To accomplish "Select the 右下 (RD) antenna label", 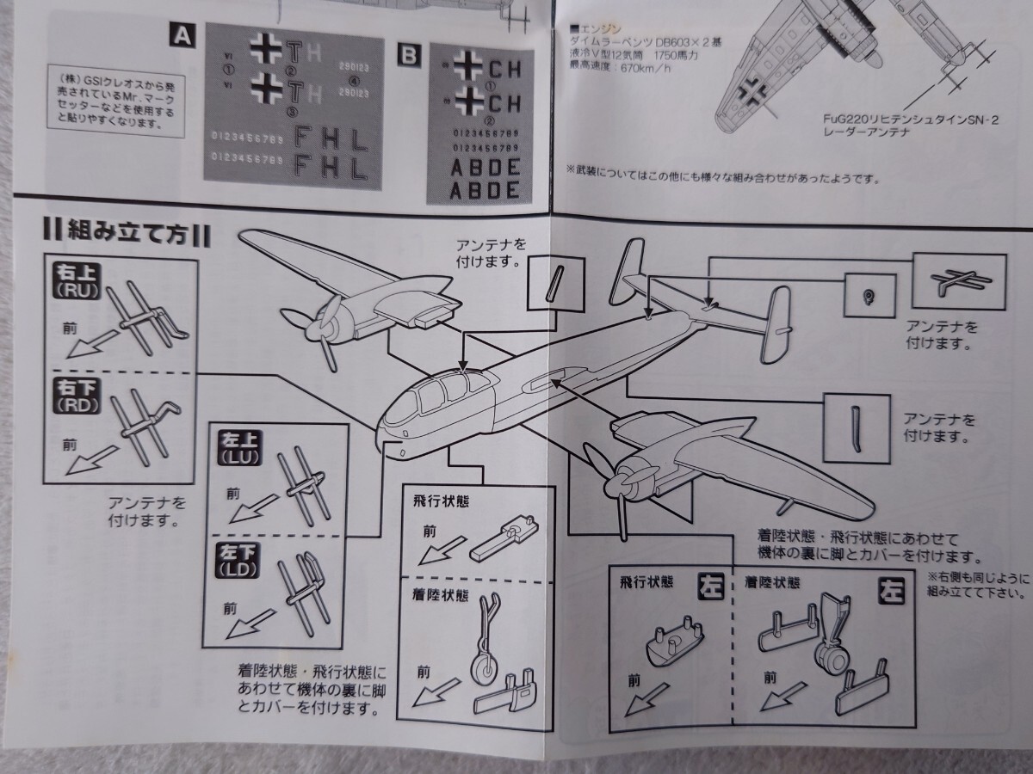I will coord(77,393).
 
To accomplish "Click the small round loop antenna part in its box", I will coord(869,297).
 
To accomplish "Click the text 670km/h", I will coord(623,71).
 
